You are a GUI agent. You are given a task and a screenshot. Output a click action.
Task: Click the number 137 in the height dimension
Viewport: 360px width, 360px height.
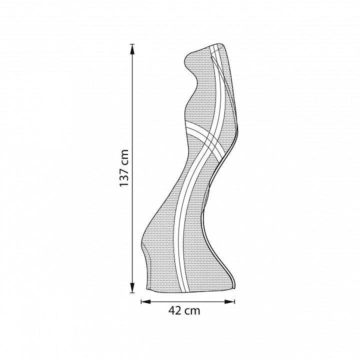124,175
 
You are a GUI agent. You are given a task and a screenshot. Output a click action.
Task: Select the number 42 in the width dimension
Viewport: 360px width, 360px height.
175,310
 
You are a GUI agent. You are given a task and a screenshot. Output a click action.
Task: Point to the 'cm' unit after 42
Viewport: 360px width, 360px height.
193,311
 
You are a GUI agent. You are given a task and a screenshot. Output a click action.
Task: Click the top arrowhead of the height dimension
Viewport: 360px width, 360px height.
132,49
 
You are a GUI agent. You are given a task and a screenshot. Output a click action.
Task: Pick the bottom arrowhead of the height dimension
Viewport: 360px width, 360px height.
132,287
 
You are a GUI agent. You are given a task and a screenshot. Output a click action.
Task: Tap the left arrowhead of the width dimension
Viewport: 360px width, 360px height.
146,301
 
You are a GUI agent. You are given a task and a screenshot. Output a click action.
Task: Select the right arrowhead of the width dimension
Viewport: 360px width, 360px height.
229,301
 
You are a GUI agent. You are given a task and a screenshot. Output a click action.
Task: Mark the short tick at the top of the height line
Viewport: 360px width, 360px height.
132,44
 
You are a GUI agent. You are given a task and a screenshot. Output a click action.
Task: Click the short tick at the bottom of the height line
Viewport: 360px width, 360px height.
132,292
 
